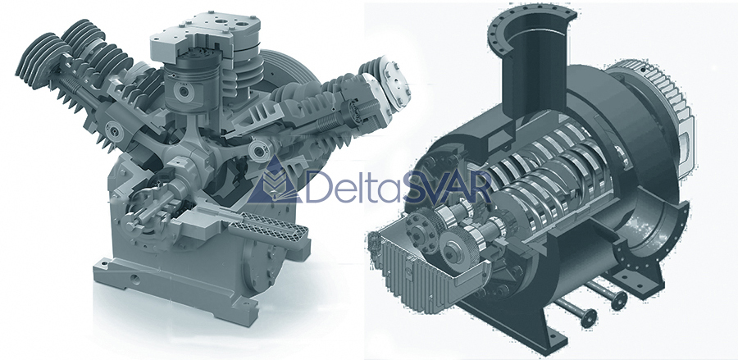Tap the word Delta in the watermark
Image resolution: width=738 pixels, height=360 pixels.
pos(353,186)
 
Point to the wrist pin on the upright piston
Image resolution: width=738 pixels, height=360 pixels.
pos(180,92)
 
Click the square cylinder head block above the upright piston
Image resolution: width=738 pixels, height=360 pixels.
pos(206,36)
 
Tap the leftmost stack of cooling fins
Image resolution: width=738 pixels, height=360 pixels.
pos(40,60)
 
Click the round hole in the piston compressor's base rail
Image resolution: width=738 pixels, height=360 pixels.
pos(136,279)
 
